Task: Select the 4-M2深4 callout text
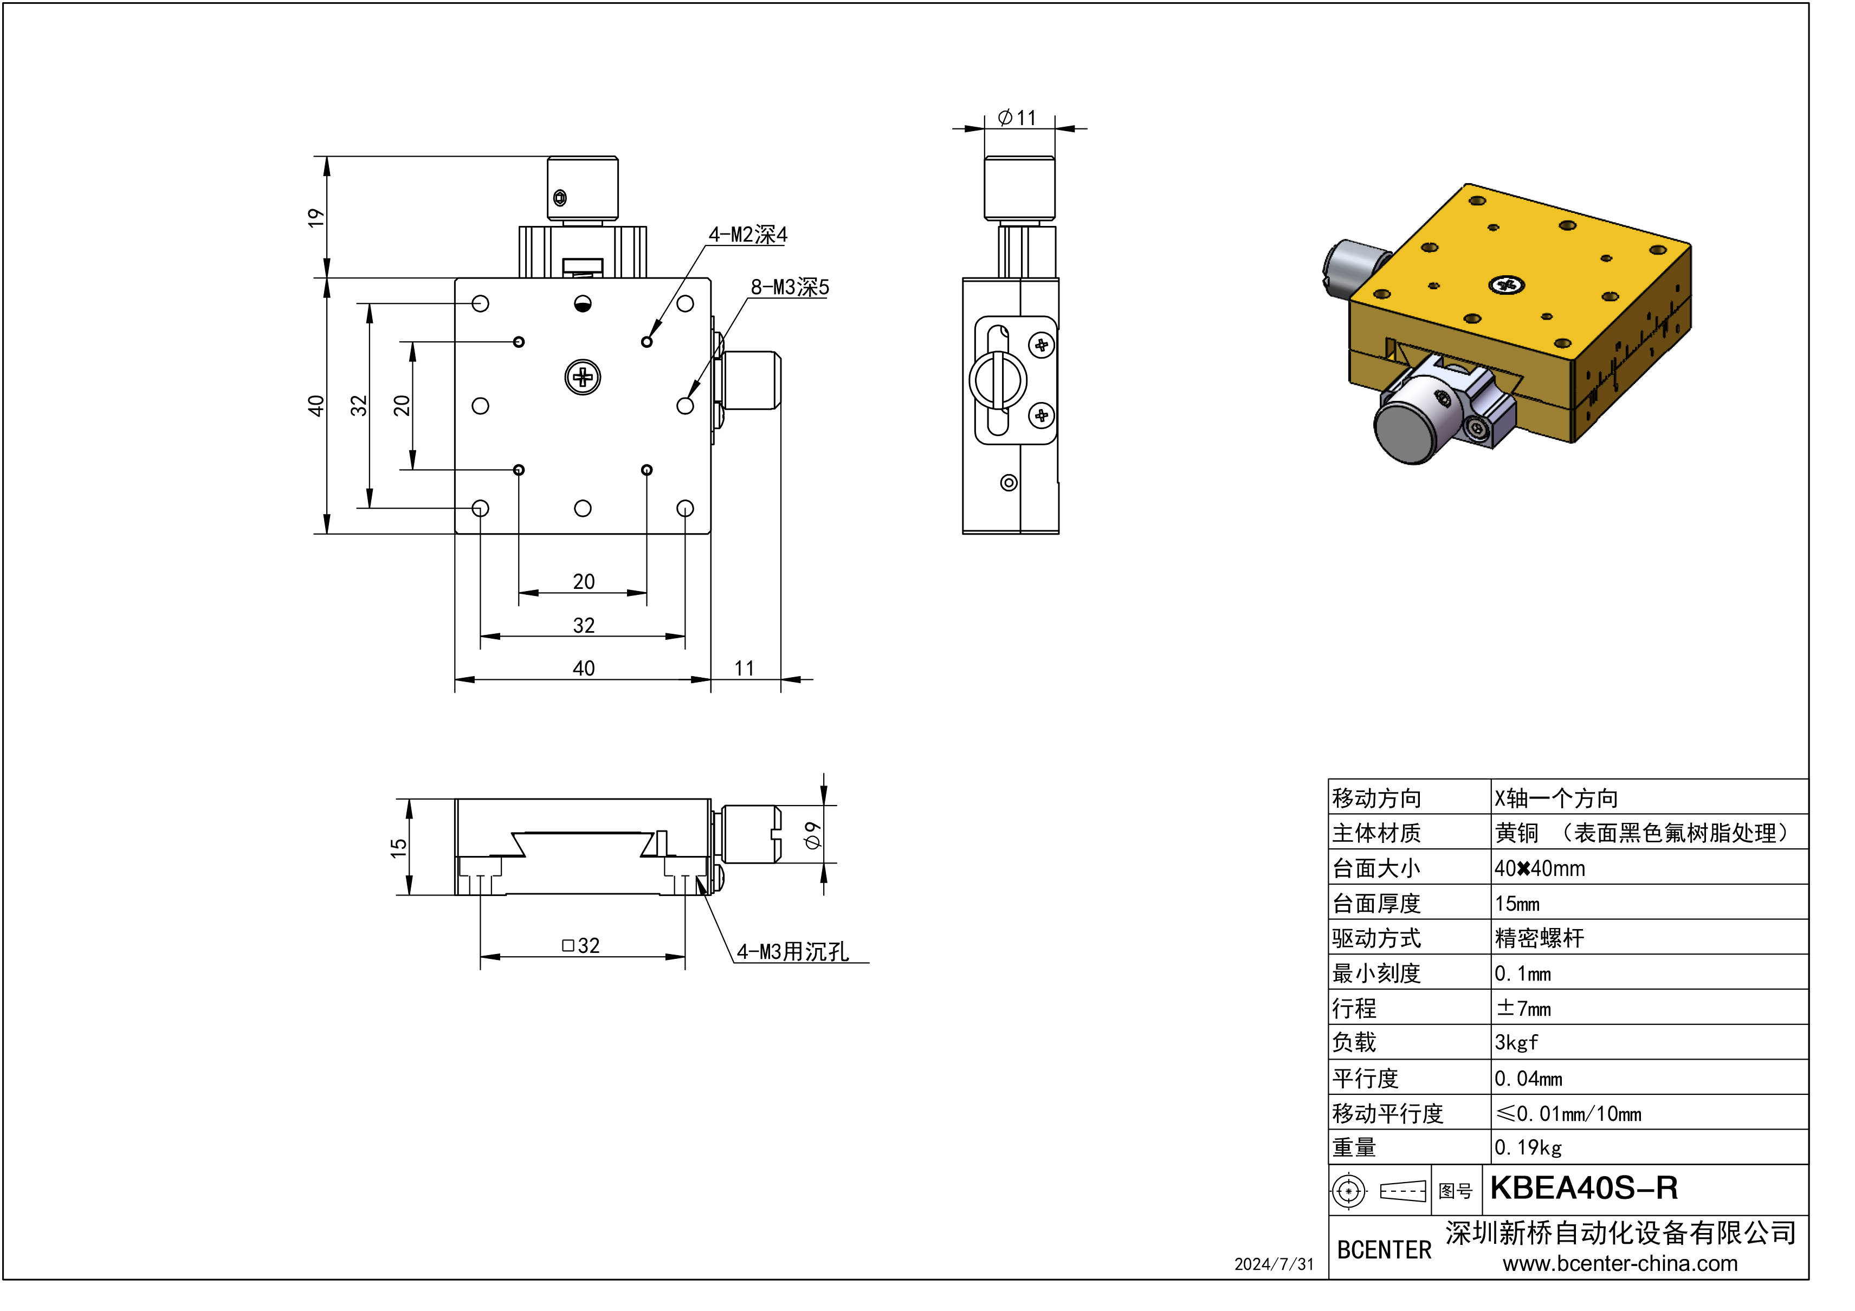click(x=747, y=235)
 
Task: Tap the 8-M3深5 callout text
click(x=790, y=288)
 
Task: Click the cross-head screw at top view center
click(x=583, y=377)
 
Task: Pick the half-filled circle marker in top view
click(x=583, y=304)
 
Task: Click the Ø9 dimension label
click(x=813, y=835)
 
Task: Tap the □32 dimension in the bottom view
click(x=581, y=945)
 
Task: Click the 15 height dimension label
click(x=398, y=847)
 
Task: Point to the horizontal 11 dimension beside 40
click(x=744, y=669)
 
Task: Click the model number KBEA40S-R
click(x=1583, y=1188)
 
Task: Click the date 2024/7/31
click(x=1274, y=1265)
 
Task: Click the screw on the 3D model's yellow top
click(x=1506, y=284)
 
